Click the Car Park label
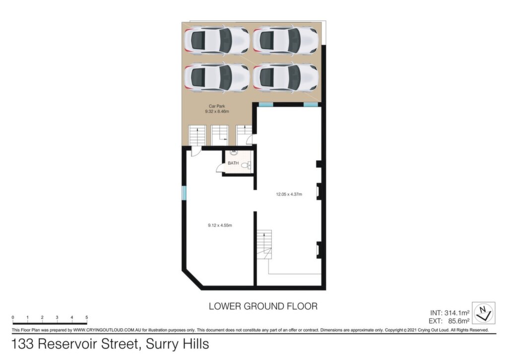tap(217, 106)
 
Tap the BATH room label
tap(233, 163)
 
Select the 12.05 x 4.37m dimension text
tap(289, 194)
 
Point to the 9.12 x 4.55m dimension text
tap(220, 225)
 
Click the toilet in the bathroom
tap(246, 166)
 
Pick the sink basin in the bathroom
tap(234, 152)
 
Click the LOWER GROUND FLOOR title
tap(263, 306)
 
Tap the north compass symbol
tap(483, 313)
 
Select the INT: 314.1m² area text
tap(449, 313)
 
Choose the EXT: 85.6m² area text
tap(449, 321)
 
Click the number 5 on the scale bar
tap(86, 317)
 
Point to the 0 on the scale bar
tap(13, 317)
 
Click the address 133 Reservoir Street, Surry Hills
tap(110, 344)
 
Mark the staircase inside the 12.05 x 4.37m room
tap(264, 245)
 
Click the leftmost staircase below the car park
tap(197, 135)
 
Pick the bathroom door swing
tap(220, 168)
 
